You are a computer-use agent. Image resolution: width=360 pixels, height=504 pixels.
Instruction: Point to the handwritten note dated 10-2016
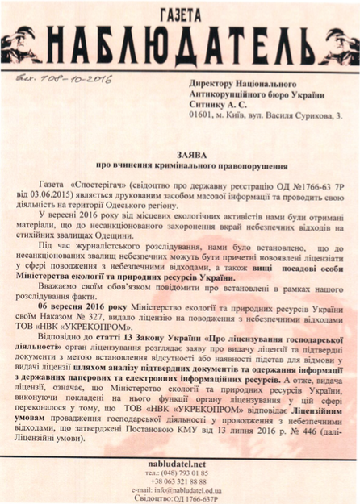(x=57, y=78)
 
